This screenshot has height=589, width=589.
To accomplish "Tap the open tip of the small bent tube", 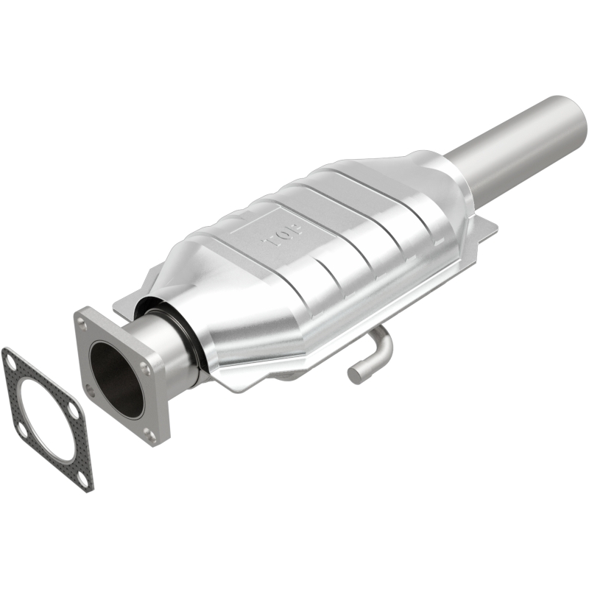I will pos(356,373).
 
